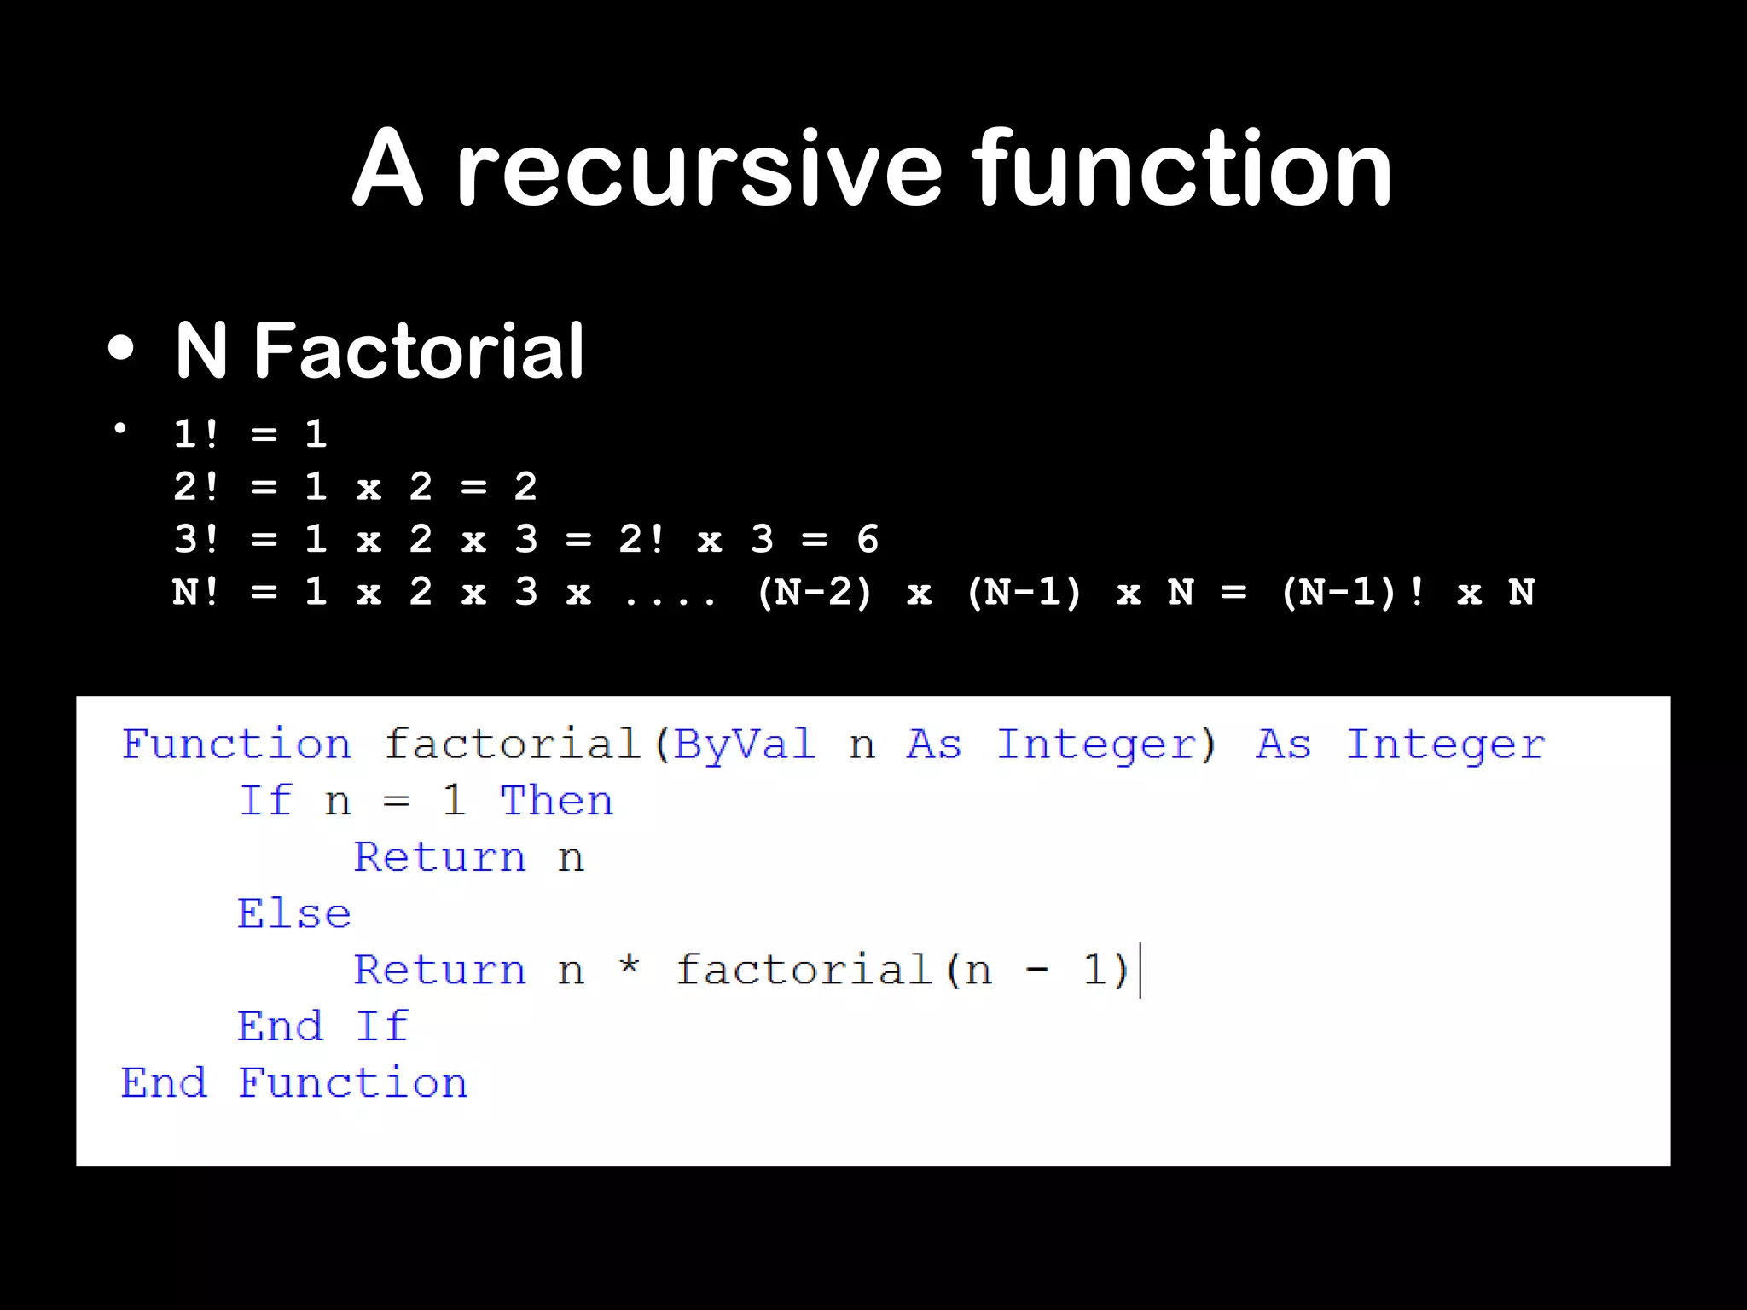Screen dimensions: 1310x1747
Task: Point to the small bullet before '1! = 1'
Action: click(120, 428)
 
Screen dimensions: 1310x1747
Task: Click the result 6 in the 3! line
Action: click(868, 539)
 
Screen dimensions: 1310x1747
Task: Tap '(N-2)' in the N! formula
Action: click(815, 592)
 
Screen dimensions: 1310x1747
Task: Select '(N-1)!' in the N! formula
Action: click(1353, 592)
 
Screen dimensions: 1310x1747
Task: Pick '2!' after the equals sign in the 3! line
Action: click(641, 539)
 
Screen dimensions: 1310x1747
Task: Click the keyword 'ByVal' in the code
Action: click(744, 745)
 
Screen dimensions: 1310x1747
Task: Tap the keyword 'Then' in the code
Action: click(556, 801)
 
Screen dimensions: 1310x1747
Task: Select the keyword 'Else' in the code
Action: click(294, 913)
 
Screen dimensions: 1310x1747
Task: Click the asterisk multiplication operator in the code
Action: click(630, 966)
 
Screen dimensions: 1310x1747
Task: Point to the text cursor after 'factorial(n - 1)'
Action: click(1140, 970)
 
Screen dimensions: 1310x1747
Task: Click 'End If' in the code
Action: click(323, 1026)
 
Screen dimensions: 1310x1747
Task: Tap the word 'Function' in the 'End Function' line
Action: click(352, 1083)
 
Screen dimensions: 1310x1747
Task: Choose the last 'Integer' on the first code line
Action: click(1445, 745)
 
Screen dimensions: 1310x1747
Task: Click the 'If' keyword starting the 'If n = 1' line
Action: click(265, 801)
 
